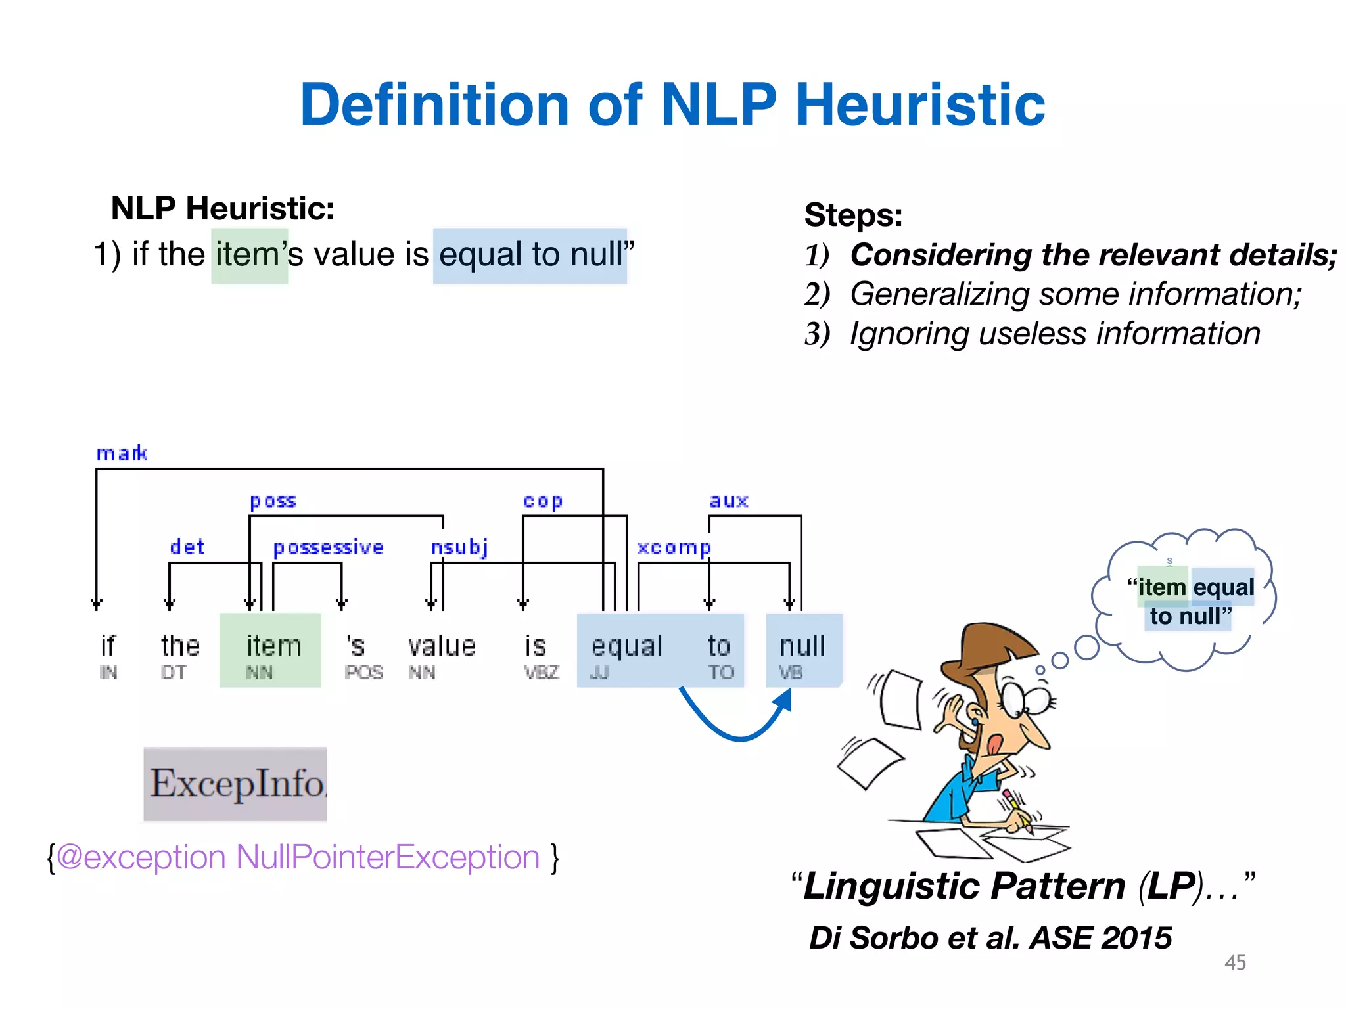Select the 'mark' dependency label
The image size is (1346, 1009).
coord(122,453)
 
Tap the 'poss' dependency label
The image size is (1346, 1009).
coord(273,501)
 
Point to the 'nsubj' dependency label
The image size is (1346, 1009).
coord(459,547)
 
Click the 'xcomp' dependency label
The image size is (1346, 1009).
coord(674,547)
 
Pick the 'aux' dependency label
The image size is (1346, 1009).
coord(729,501)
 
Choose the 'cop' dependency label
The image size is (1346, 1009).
coord(543,501)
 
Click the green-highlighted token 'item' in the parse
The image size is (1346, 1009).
coord(273,646)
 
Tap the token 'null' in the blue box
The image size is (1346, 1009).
coord(802,646)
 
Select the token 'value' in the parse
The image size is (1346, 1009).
coord(442,646)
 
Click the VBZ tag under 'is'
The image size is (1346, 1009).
coord(542,673)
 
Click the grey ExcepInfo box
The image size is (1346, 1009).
coord(235,784)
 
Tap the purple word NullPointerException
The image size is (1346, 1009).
coord(388,857)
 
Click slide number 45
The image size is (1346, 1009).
coord(1235,962)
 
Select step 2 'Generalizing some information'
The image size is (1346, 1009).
coord(1075,294)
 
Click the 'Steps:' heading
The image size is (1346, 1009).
coord(853,215)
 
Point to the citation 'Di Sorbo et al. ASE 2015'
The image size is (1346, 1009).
coord(990,937)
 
